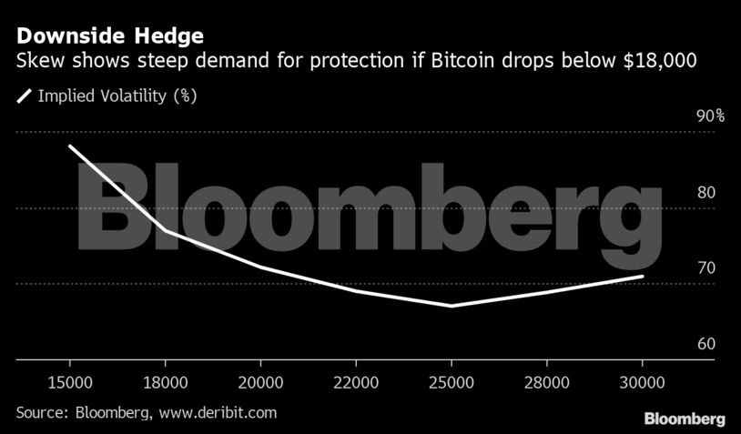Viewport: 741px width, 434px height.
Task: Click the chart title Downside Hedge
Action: pyautogui.click(x=107, y=37)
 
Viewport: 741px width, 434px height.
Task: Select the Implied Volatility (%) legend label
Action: pyautogui.click(x=117, y=95)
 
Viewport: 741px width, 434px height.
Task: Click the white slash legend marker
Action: pyautogui.click(x=24, y=95)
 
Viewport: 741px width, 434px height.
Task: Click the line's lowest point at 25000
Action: pyautogui.click(x=452, y=306)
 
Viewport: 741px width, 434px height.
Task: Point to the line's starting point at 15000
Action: pyautogui.click(x=71, y=146)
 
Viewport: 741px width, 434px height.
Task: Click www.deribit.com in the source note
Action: pyautogui.click(x=218, y=413)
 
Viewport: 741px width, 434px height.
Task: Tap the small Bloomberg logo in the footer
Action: pyautogui.click(x=685, y=419)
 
